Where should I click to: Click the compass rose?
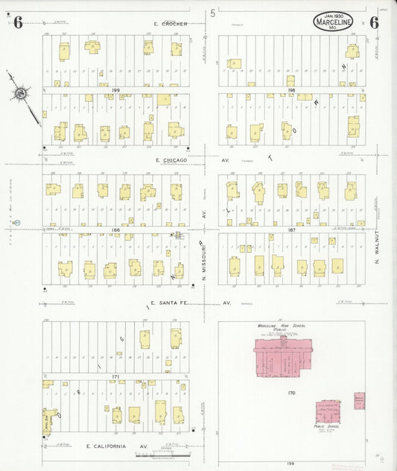[x=20, y=93]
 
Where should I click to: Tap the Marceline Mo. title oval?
[x=333, y=22]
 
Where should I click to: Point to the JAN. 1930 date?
[x=328, y=15]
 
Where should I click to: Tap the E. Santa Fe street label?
[x=173, y=303]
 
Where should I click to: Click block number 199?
[x=115, y=89]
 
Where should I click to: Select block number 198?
[x=291, y=89]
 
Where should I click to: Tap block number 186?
[x=115, y=230]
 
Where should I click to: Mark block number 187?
[x=291, y=230]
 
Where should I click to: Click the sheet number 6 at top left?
[x=18, y=22]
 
